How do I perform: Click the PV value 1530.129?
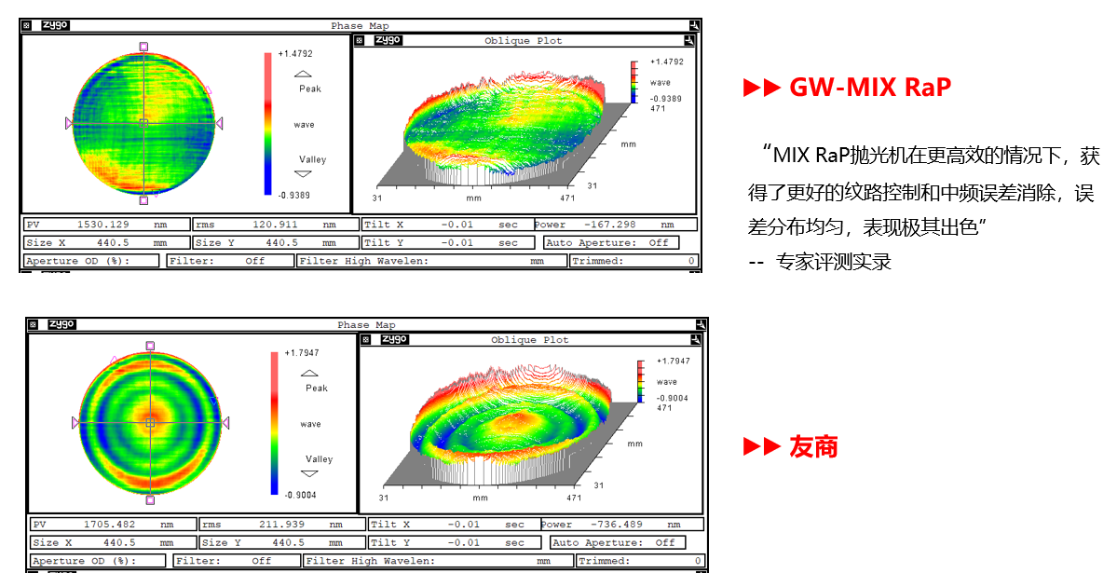[x=103, y=225]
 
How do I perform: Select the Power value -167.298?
[x=610, y=225]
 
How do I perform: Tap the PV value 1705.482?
[x=110, y=525]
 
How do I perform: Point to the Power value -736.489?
[x=616, y=525]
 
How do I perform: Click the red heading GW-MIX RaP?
[x=870, y=87]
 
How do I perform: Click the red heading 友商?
[x=813, y=446]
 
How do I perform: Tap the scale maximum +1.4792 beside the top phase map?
[x=295, y=53]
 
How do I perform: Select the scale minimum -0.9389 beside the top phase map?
[x=294, y=195]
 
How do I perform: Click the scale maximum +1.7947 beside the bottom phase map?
[x=302, y=352]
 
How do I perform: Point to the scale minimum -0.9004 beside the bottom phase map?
[x=301, y=495]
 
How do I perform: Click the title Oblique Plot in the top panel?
[x=523, y=41]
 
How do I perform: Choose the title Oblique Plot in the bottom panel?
[x=529, y=340]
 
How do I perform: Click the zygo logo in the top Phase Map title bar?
[x=55, y=25]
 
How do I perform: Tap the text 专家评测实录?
[x=834, y=262]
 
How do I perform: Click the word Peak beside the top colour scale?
[x=310, y=89]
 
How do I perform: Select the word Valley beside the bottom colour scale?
[x=320, y=459]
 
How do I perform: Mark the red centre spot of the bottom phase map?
[x=150, y=420]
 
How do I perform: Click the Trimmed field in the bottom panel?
[x=640, y=561]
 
